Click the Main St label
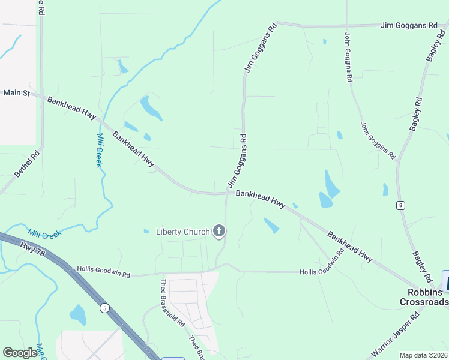click(16, 93)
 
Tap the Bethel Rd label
click(28, 163)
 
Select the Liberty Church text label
click(182, 232)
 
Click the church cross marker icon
click(219, 230)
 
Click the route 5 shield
click(105, 308)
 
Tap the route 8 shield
click(400, 205)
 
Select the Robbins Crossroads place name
click(424, 296)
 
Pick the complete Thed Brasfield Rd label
click(172, 303)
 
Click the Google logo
click(20, 353)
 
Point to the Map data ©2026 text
click(423, 355)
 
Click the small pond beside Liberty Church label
click(146, 231)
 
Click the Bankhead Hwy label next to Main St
click(71, 108)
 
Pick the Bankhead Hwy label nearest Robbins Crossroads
click(350, 245)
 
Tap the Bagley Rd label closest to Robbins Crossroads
click(421, 267)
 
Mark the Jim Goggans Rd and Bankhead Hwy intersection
click(227, 193)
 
